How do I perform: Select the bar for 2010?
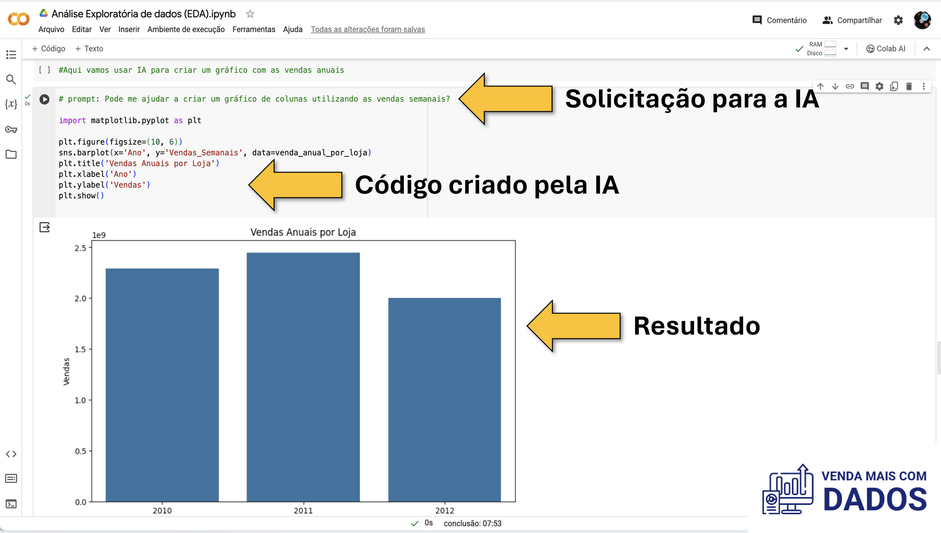(162, 385)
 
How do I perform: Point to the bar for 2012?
(444, 399)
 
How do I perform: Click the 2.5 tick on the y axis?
(80, 248)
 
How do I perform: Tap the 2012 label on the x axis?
(445, 511)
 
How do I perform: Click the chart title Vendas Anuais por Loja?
(303, 232)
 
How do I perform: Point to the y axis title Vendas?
(66, 371)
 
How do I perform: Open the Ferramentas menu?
(254, 29)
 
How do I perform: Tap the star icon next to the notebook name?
(250, 14)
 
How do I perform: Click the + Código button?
(49, 49)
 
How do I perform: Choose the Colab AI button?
(885, 49)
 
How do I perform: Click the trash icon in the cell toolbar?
(909, 87)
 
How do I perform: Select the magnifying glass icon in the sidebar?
(11, 80)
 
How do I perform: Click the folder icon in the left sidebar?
(11, 154)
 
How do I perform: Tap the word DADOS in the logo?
(875, 499)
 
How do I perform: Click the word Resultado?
(697, 326)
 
